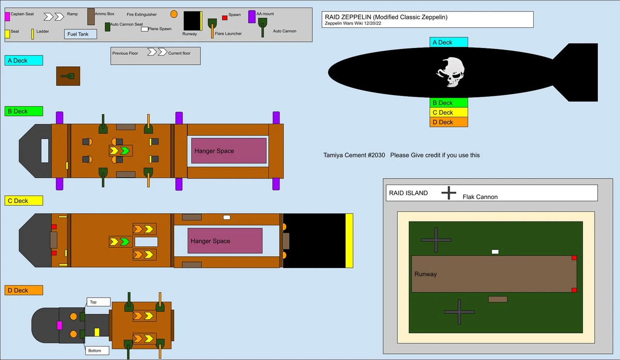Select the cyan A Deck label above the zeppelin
click(448, 42)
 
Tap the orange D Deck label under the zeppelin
click(448, 122)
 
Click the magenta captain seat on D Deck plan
click(59, 325)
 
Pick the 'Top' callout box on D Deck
click(98, 302)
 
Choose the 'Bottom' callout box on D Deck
click(98, 350)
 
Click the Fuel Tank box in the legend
click(81, 34)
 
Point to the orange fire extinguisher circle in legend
click(174, 14)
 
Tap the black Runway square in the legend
click(192, 21)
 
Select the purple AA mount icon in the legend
click(252, 17)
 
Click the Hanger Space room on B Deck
click(229, 151)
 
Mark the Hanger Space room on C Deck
click(225, 241)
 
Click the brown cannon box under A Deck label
click(68, 76)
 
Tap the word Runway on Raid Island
click(425, 274)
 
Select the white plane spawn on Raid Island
click(495, 252)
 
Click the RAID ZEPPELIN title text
click(385, 17)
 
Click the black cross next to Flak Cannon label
click(448, 193)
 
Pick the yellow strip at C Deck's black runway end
click(349, 241)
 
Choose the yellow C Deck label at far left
click(24, 200)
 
